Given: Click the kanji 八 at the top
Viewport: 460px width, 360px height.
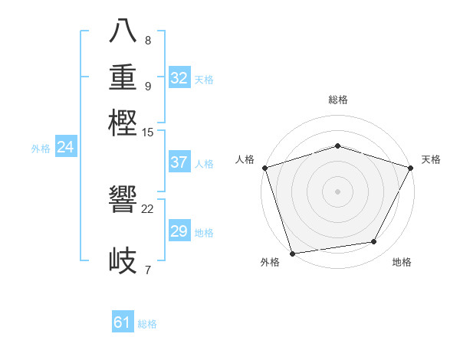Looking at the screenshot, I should click(x=123, y=31).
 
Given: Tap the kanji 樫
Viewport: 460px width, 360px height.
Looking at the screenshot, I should click(x=123, y=123).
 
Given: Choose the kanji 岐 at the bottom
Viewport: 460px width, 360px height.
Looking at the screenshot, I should click(x=123, y=260).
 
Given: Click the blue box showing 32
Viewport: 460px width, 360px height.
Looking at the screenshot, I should click(x=179, y=78).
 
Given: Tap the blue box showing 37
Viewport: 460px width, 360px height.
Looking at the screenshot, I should click(x=179, y=162).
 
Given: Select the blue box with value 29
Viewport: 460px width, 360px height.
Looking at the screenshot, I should click(x=179, y=231).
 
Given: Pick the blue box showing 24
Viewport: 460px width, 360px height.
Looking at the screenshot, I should click(x=65, y=147).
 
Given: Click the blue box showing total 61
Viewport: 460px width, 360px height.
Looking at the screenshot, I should click(x=123, y=323).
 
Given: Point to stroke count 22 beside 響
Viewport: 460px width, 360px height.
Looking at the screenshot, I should click(x=148, y=208).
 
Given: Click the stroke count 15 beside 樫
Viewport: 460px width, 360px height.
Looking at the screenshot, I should click(x=148, y=132).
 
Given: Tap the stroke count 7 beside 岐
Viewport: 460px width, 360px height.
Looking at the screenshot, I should click(x=148, y=269).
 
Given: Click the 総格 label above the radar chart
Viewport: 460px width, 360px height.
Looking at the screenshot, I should click(x=338, y=100).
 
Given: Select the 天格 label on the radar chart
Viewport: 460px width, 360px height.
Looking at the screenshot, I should click(x=431, y=159).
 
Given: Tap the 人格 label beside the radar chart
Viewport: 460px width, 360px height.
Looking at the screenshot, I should click(x=245, y=159).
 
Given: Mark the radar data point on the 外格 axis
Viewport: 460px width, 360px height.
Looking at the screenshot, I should click(x=292, y=253).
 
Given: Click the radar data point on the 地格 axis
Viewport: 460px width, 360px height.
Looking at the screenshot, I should click(x=374, y=242).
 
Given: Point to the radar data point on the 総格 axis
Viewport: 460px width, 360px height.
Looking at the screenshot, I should click(x=338, y=146).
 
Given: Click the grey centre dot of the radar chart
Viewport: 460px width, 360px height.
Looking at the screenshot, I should click(x=338, y=191).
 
